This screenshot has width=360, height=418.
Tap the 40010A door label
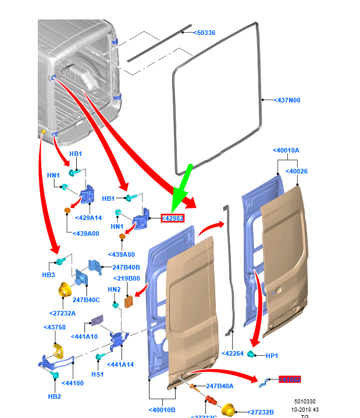286,150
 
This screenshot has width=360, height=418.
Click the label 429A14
88,218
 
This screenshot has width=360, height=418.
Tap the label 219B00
127,278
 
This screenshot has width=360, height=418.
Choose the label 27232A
63,313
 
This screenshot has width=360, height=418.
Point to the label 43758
55,327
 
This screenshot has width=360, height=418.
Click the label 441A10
84,336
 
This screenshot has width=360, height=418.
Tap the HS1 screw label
97,374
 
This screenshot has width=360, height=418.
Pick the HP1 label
272,355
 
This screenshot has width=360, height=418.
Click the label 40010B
162,410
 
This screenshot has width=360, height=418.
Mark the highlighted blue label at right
290,380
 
